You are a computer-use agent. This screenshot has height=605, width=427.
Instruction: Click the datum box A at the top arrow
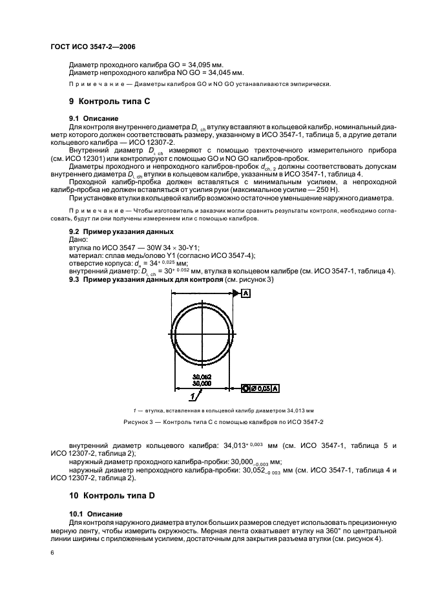(246, 293)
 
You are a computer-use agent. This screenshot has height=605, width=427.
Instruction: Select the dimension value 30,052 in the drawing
(202, 377)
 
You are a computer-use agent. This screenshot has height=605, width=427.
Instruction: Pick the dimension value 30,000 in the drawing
(202, 383)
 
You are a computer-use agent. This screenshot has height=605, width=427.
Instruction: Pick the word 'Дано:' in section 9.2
(78, 239)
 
